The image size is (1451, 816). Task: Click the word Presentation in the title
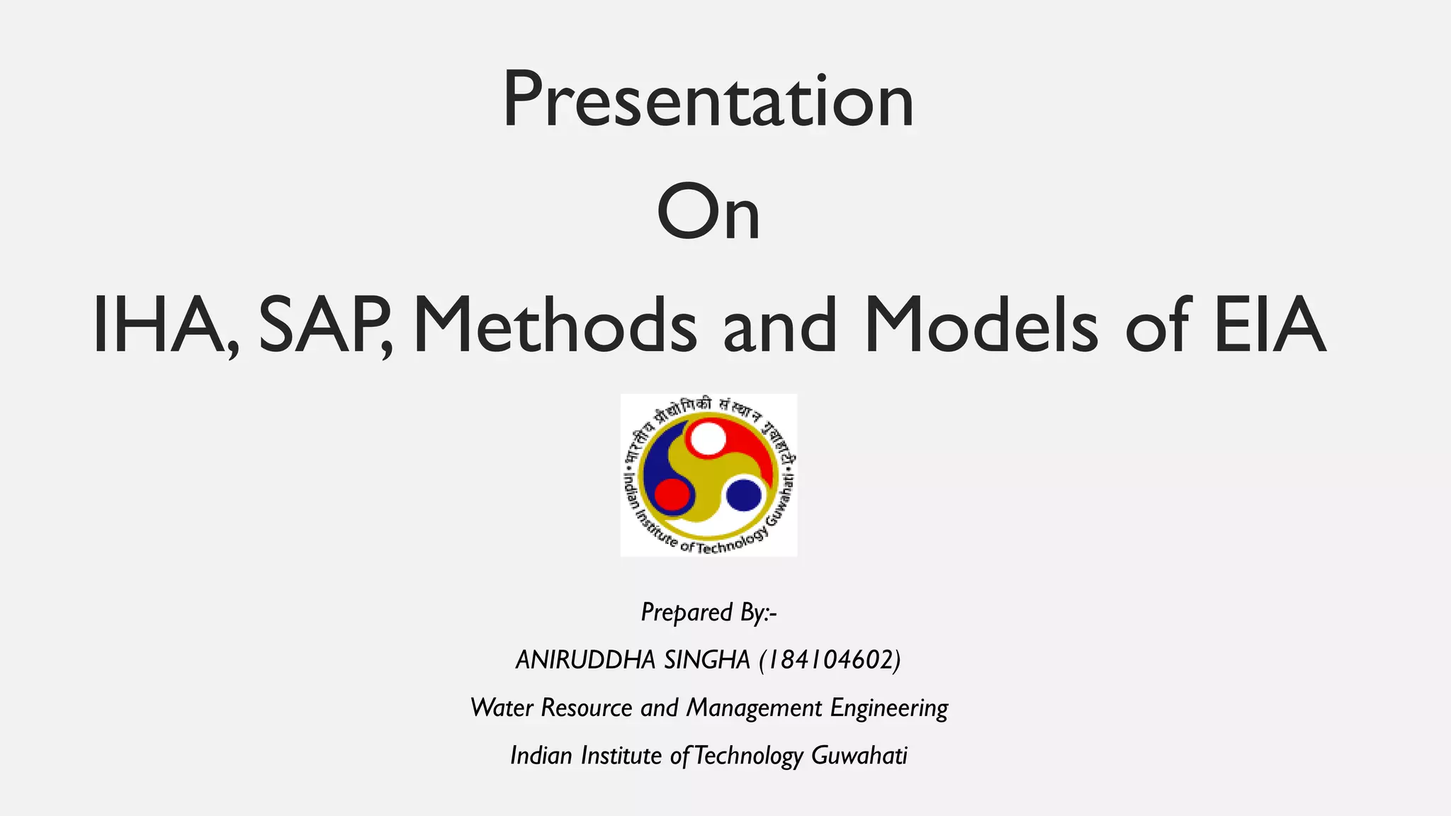pos(708,101)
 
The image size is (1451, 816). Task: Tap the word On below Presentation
pos(708,212)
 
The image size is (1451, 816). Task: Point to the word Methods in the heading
pos(555,326)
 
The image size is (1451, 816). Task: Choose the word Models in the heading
pos(981,326)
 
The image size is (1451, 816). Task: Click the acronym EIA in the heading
pos(1269,326)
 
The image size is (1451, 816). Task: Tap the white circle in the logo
pos(707,438)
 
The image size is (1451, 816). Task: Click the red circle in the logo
pos(672,494)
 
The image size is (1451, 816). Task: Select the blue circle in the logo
pos(744,494)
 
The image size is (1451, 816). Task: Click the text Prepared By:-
pos(708,613)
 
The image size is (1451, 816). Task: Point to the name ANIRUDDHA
pos(585,660)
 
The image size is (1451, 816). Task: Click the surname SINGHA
pos(706,660)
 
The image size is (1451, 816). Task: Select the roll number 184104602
pos(830,660)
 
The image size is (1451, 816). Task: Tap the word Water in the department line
pos(502,708)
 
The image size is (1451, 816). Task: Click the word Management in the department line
pos(754,708)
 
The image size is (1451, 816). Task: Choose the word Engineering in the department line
pos(889,708)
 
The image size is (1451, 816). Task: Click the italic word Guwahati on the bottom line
pos(859,756)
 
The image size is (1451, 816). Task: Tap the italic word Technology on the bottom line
pos(748,756)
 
